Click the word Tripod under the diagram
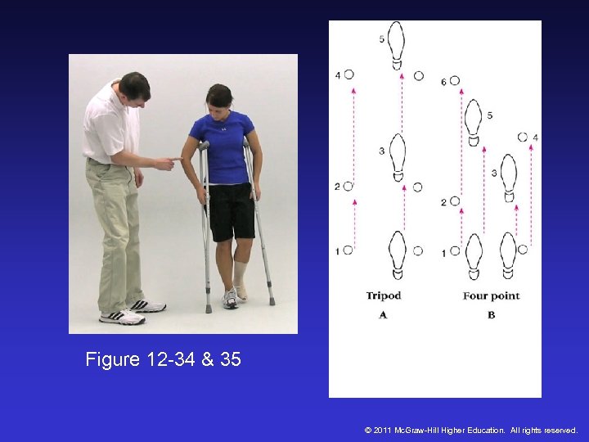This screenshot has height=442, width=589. coord(383,295)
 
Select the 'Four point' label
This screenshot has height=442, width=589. coord(491,295)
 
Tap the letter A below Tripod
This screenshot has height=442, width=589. coord(383,314)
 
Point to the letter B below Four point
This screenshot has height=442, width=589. coord(491,314)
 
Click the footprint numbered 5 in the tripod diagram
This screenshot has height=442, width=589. coord(397,45)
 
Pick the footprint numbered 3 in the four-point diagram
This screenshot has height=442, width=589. coord(508,177)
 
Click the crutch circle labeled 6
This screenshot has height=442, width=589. coord(454,81)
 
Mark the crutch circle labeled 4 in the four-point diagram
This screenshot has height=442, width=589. coord(523,137)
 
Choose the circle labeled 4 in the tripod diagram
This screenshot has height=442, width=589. coord(348,74)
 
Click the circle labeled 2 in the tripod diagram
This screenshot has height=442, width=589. coord(348,187)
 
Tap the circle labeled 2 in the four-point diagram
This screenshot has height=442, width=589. coord(455,201)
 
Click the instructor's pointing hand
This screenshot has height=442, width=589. coord(167,162)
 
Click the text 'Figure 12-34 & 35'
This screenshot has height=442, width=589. coord(163,359)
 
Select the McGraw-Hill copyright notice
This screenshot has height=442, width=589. coord(471,430)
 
